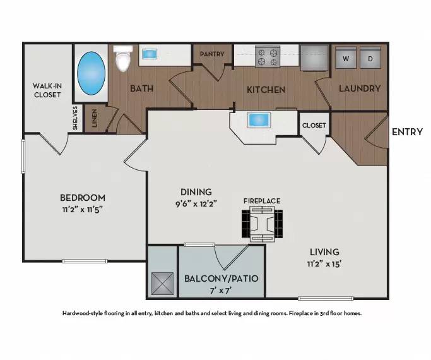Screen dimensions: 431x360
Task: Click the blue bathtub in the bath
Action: [x=91, y=73]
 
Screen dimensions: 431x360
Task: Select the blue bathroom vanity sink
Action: [x=150, y=54]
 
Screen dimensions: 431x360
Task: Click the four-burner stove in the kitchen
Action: [x=268, y=57]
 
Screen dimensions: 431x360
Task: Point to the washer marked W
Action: [x=346, y=57]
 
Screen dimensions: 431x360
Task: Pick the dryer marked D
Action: [x=370, y=57]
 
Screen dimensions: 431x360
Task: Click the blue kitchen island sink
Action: [x=259, y=120]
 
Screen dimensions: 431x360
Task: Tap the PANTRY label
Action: [x=212, y=54]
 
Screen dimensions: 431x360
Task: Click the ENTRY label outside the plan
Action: [x=407, y=132]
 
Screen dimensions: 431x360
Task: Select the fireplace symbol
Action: [x=263, y=224]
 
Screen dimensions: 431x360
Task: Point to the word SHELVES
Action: [x=75, y=118]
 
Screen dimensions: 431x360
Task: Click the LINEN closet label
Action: [x=94, y=118]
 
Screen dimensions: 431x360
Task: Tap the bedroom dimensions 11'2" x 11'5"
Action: [x=83, y=210]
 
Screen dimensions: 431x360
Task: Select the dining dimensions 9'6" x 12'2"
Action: [x=196, y=204]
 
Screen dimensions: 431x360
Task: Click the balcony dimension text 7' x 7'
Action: [x=221, y=291]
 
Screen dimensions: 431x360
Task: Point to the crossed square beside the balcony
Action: [x=162, y=284]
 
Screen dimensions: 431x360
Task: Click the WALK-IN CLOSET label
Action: [x=47, y=90]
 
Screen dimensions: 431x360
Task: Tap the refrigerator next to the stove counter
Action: [x=314, y=57]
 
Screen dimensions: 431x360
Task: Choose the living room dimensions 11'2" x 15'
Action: [x=324, y=264]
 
